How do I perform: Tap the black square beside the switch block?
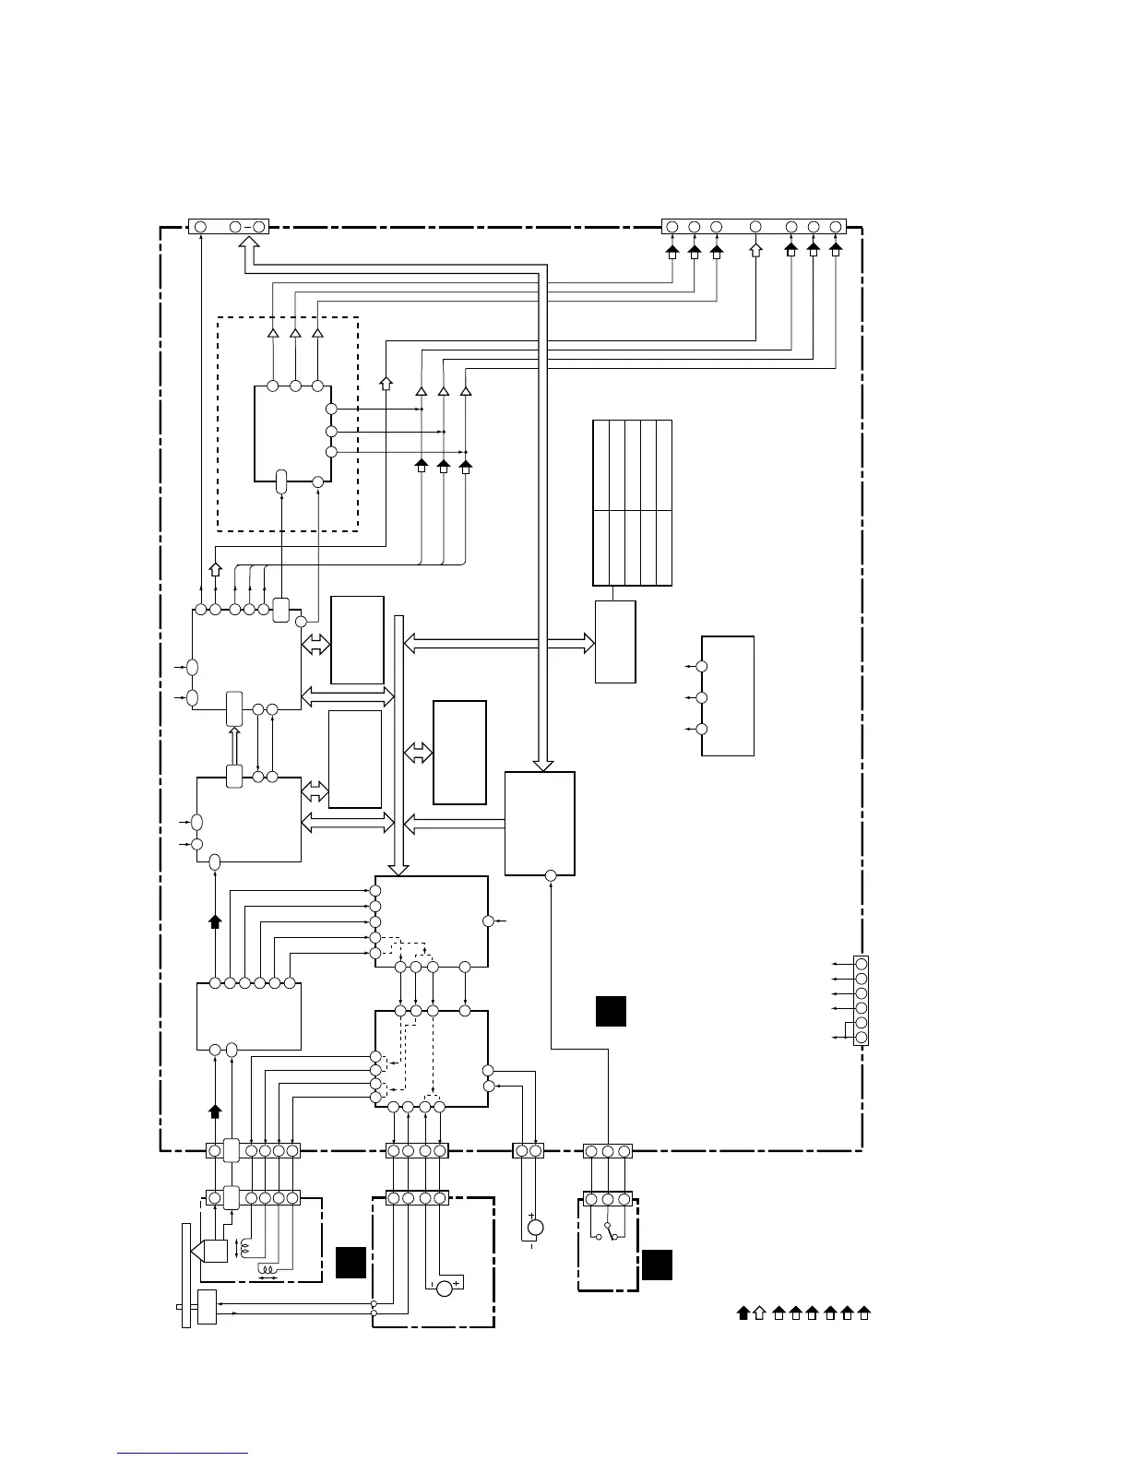[x=657, y=1265]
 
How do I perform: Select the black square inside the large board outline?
[x=611, y=1010]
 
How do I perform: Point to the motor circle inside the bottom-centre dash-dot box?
[x=445, y=1288]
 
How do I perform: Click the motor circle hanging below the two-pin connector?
[x=535, y=1228]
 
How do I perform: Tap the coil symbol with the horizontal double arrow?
[x=268, y=1277]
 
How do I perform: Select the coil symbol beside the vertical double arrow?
[x=244, y=1247]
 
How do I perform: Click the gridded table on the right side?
[x=632, y=502]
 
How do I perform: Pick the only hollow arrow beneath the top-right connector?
[x=755, y=249]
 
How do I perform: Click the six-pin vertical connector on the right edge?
[x=862, y=1000]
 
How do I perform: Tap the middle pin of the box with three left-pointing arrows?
[x=702, y=697]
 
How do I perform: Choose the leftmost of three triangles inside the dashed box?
[x=273, y=333]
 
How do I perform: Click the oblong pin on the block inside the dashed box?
[x=282, y=481]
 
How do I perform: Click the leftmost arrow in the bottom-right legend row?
[x=743, y=1313]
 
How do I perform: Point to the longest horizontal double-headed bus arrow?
[x=499, y=644]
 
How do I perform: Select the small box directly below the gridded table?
[x=615, y=642]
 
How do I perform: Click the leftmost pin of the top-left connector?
[x=200, y=226]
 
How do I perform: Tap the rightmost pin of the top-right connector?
[x=836, y=227]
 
